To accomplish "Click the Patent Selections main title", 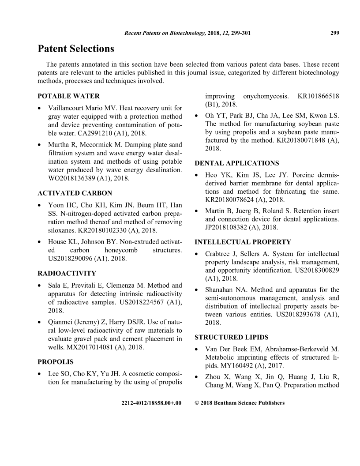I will (x=76, y=49).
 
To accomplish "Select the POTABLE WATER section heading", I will (x=69, y=96).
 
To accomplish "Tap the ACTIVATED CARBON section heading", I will (x=75, y=193).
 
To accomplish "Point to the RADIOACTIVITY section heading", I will (x=67, y=274).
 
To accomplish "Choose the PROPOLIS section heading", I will (x=56, y=362).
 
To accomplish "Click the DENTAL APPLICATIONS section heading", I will (x=237, y=163).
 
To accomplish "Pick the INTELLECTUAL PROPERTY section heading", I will (x=243, y=242).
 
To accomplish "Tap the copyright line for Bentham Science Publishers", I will (x=240, y=402).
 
